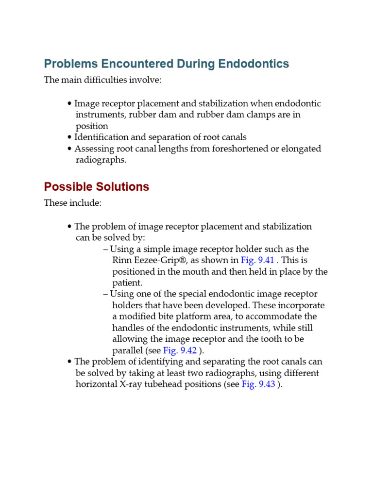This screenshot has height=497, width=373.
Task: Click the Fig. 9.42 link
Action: coord(180,350)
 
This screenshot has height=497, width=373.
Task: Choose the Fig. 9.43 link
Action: coord(258,384)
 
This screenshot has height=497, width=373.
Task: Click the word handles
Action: coord(128,328)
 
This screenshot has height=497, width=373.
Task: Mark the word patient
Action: coord(127,282)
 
